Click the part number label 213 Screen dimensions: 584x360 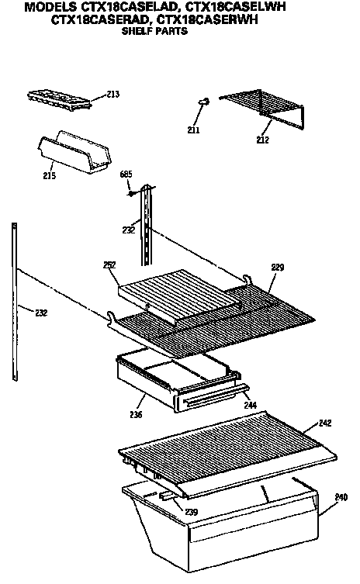click(x=113, y=95)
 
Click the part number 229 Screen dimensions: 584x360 click(x=277, y=267)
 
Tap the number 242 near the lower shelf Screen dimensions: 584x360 click(x=326, y=423)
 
